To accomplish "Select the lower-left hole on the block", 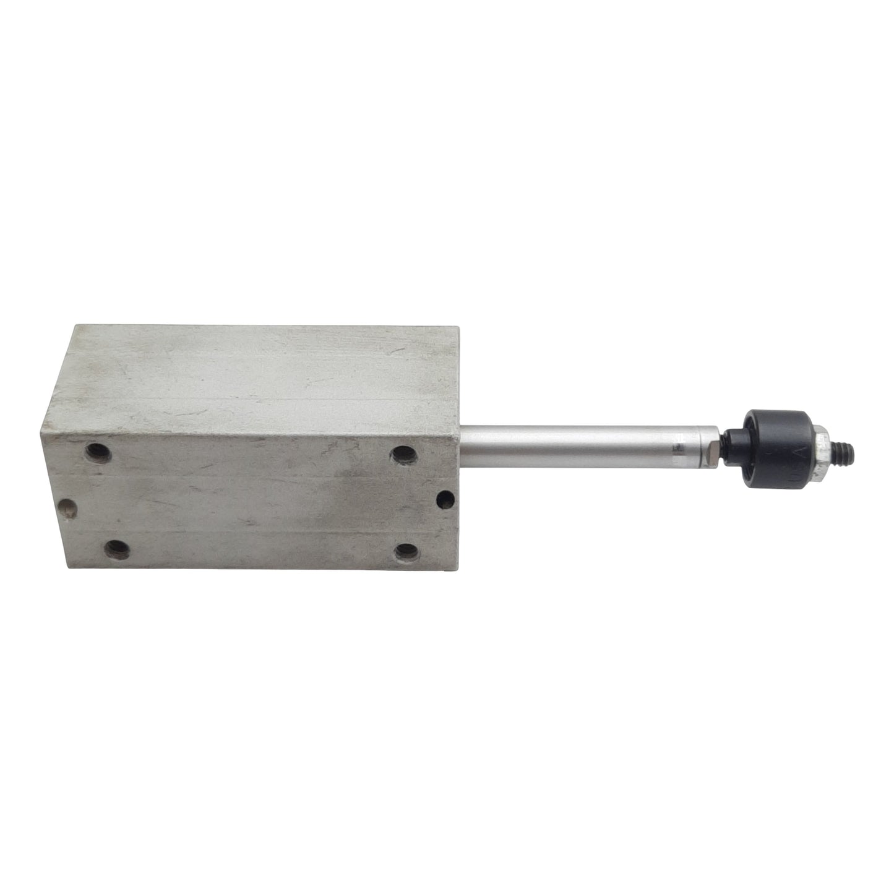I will pyautogui.click(x=117, y=549).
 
